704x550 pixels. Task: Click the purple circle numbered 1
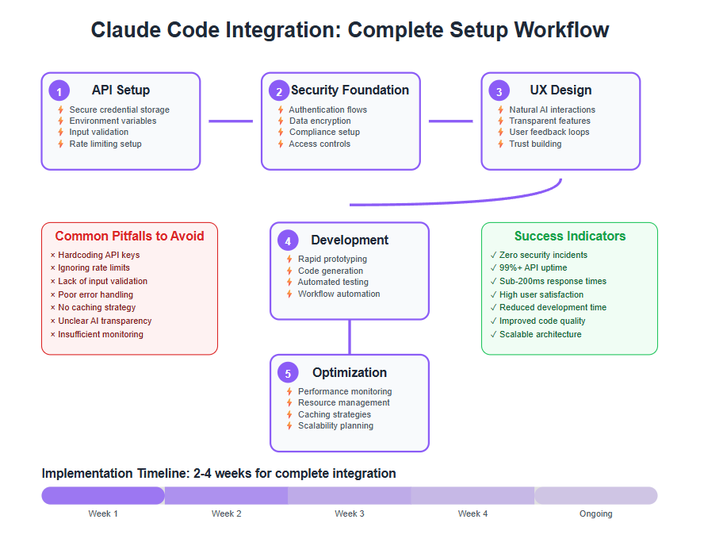(59, 90)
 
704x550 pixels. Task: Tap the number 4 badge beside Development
(288, 240)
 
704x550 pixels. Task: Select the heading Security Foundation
(350, 90)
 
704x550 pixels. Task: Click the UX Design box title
(561, 90)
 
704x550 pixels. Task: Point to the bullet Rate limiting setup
(105, 144)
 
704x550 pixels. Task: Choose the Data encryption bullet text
(319, 121)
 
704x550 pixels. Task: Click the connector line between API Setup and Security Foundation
(231, 121)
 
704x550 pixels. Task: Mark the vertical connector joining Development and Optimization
(350, 337)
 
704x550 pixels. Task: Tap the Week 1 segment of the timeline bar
(103, 495)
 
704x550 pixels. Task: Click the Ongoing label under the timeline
(596, 513)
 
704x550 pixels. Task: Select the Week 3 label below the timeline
(350, 513)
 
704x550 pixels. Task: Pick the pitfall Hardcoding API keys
(99, 255)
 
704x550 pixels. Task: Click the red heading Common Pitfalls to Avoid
(129, 236)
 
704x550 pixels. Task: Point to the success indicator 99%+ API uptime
(533, 267)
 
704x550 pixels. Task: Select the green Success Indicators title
(570, 236)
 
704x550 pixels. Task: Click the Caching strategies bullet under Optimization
(335, 414)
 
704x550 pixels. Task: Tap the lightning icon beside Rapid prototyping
(289, 260)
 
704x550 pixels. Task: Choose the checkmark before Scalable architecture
(493, 334)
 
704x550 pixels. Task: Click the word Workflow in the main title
(561, 30)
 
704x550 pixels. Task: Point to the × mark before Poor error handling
(53, 294)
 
